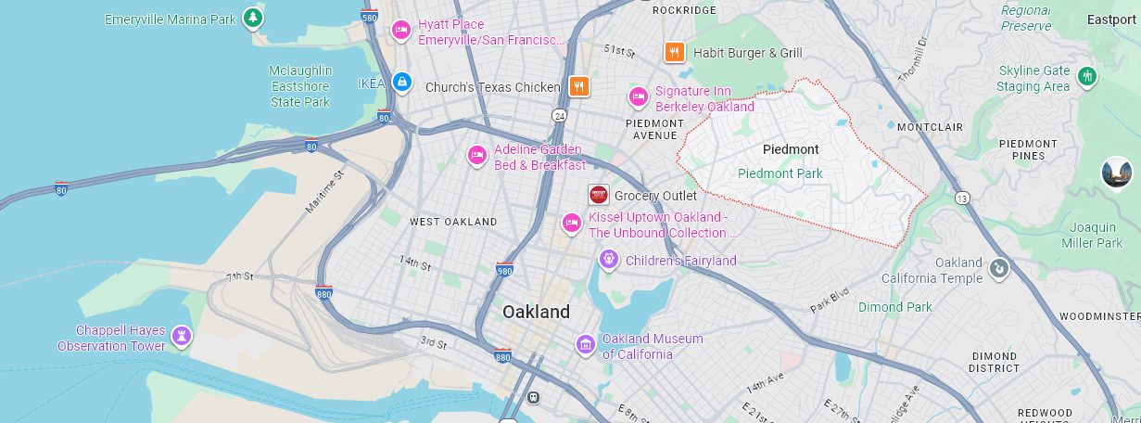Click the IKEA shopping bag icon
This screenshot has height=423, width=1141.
point(401,83)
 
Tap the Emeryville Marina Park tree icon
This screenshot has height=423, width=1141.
point(252,18)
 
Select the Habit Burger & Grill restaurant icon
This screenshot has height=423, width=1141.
point(674,52)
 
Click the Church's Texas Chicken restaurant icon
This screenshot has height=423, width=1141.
point(579,87)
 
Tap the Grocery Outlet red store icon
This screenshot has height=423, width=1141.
point(599,195)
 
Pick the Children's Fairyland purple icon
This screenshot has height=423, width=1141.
point(608,260)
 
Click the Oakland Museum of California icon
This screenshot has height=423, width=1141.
point(585,345)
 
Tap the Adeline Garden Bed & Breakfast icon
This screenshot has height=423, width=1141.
point(477,155)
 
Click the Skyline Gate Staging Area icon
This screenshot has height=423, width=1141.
point(1087,74)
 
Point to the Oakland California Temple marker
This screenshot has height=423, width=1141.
point(998,269)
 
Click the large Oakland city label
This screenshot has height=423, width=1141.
point(536,312)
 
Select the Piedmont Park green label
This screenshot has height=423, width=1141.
point(780,173)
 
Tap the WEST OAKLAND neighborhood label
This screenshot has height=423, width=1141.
point(453,222)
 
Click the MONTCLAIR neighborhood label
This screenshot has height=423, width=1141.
point(930,126)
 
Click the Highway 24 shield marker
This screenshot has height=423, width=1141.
point(560,115)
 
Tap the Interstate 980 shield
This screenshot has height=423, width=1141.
point(504,270)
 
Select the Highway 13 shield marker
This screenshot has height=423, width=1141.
point(963,198)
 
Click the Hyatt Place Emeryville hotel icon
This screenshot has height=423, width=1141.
point(401,30)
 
